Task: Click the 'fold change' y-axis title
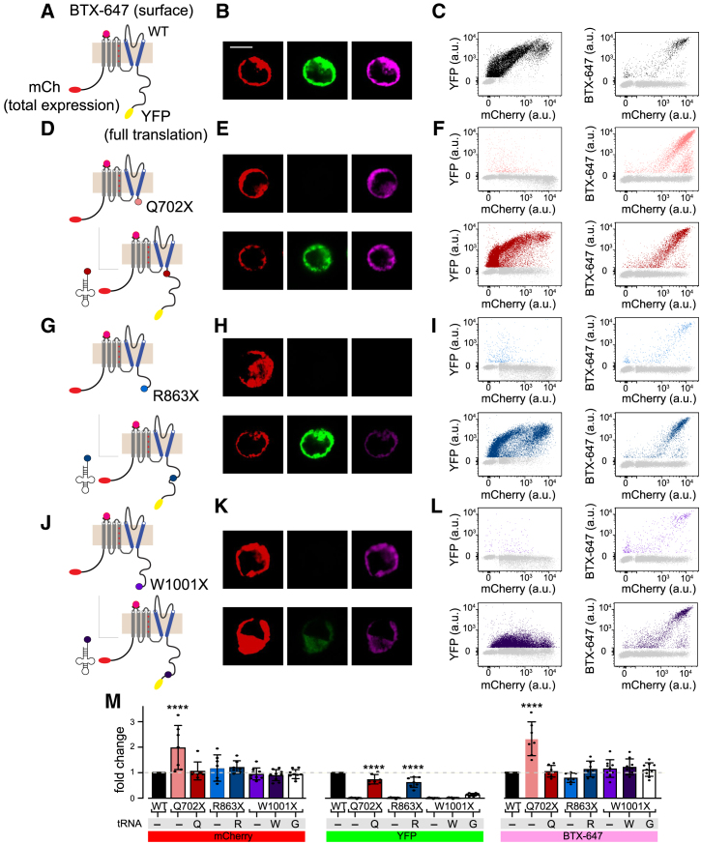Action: point(120,757)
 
